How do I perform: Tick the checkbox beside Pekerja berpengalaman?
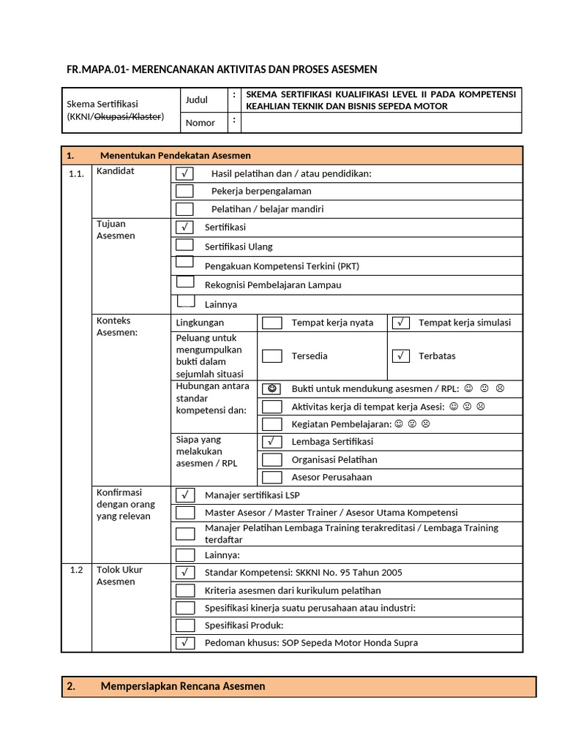click(x=184, y=191)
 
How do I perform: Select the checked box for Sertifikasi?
click(x=184, y=227)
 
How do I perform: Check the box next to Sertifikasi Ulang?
click(x=184, y=246)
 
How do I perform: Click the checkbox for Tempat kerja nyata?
click(x=271, y=323)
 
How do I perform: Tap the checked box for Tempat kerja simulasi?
click(x=400, y=323)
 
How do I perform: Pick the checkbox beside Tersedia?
click(x=271, y=356)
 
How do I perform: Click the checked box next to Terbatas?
click(x=400, y=356)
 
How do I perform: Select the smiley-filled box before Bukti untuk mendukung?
click(x=271, y=388)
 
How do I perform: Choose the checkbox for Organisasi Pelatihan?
click(x=271, y=460)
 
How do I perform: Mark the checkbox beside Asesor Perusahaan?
click(x=271, y=478)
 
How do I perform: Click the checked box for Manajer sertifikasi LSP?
click(x=184, y=495)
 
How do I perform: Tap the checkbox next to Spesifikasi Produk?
click(x=184, y=625)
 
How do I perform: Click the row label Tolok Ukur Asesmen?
click(x=119, y=576)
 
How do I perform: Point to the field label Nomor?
click(x=200, y=123)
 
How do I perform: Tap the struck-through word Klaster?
click(x=148, y=117)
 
